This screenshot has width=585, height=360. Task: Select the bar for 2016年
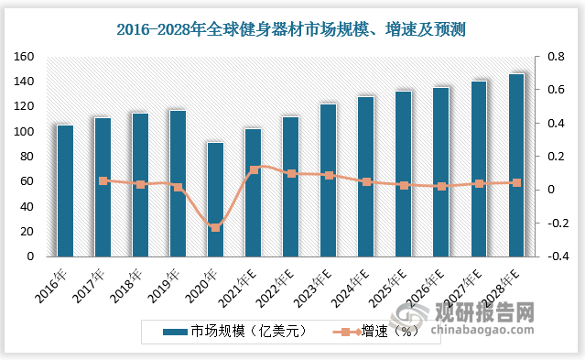pos(65,191)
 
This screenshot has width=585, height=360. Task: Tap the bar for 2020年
pos(215,200)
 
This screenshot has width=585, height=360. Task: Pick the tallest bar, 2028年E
pos(516,165)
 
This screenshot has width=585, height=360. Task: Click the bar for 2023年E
pos(328,180)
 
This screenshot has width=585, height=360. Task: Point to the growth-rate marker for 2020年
pos(215,227)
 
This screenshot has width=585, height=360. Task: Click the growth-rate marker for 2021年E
pos(254,170)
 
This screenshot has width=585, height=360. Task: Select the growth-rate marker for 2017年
pos(103,181)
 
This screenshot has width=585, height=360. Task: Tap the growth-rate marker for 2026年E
pos(441,187)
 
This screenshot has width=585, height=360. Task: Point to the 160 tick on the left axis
pos(24,57)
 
